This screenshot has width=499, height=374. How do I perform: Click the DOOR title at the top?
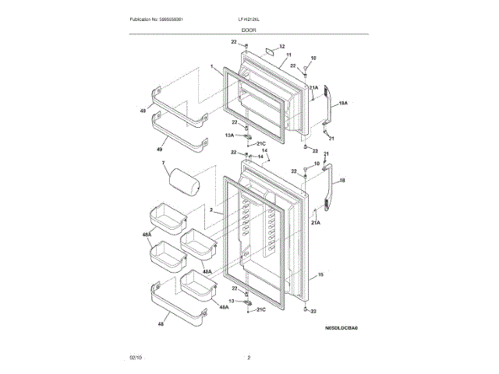coord(249,30)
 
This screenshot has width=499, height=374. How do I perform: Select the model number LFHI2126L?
coord(249,19)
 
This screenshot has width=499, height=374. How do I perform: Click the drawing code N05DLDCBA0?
coord(342,329)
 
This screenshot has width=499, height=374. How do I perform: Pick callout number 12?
coord(281,46)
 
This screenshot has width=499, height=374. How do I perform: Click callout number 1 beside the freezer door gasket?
coord(212,68)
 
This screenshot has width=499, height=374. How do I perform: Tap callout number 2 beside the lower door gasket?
coord(211,211)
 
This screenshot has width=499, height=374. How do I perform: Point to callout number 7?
coord(164,163)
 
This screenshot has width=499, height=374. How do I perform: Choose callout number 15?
coord(320,275)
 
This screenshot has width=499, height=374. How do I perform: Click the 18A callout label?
coord(342,102)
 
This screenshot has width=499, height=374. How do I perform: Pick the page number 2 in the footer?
coord(249,358)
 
